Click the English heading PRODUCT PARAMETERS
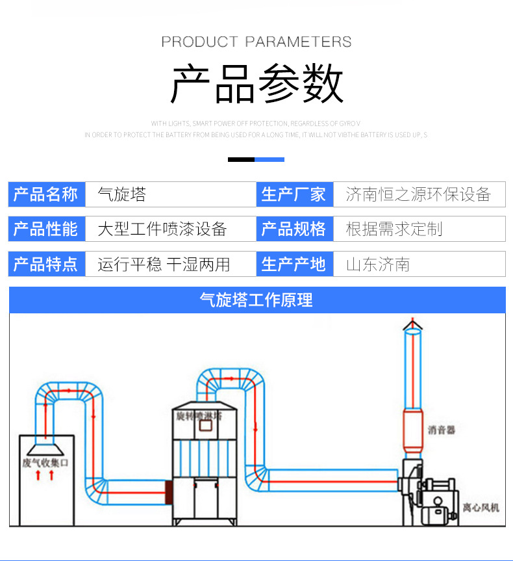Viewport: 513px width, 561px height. pyautogui.click(x=256, y=42)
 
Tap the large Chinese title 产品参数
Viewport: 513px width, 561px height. pyautogui.click(x=256, y=85)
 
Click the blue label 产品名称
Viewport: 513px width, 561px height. pyautogui.click(x=46, y=194)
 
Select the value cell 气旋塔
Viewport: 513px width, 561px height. pyautogui.click(x=122, y=194)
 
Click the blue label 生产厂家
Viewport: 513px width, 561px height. pyautogui.click(x=294, y=194)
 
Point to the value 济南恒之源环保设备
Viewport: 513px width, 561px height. pyautogui.click(x=418, y=194)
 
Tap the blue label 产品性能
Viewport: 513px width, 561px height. pyautogui.click(x=46, y=229)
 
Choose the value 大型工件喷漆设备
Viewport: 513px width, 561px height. pyautogui.click(x=162, y=229)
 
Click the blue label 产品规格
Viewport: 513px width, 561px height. pyautogui.click(x=294, y=229)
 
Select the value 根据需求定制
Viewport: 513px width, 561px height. pyautogui.click(x=394, y=229)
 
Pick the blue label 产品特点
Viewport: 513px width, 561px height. pyautogui.click(x=46, y=264)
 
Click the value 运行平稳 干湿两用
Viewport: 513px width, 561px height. pyautogui.click(x=164, y=264)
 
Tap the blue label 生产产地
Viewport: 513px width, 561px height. pyautogui.click(x=294, y=264)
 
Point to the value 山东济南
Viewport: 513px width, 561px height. pyautogui.click(x=377, y=264)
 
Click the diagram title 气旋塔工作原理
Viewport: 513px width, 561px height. pyautogui.click(x=256, y=300)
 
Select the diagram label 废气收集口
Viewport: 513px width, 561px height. pyautogui.click(x=45, y=462)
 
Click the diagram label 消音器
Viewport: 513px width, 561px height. pyautogui.click(x=441, y=430)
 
